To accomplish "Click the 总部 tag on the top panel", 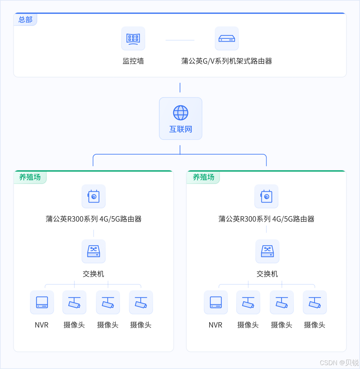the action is pyautogui.click(x=25, y=20).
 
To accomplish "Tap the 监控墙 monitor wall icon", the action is pyautogui.click(x=133, y=38).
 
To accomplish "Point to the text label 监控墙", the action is pyautogui.click(x=133, y=61).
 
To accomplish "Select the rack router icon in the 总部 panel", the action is pyautogui.click(x=227, y=38).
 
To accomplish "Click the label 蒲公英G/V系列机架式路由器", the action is pyautogui.click(x=227, y=61).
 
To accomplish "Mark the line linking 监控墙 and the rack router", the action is pyautogui.click(x=180, y=40).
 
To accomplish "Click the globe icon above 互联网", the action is pyautogui.click(x=181, y=113).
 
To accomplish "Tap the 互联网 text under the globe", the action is pyautogui.click(x=181, y=129).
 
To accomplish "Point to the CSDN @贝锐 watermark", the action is pyautogui.click(x=339, y=362).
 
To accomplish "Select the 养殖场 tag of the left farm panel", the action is pyautogui.click(x=30, y=177).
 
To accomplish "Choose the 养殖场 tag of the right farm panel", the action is pyautogui.click(x=203, y=177).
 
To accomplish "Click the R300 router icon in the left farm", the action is pyautogui.click(x=93, y=197).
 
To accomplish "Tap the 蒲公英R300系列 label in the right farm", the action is pyautogui.click(x=266, y=219).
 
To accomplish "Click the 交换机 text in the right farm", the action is pyautogui.click(x=267, y=274).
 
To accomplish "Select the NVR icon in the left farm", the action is pyautogui.click(x=42, y=302).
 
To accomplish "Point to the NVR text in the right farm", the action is pyautogui.click(x=216, y=325).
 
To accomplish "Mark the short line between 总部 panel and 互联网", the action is pyautogui.click(x=180, y=87).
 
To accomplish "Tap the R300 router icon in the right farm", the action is pyautogui.click(x=266, y=197).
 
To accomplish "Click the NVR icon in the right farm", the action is pyautogui.click(x=216, y=302).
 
